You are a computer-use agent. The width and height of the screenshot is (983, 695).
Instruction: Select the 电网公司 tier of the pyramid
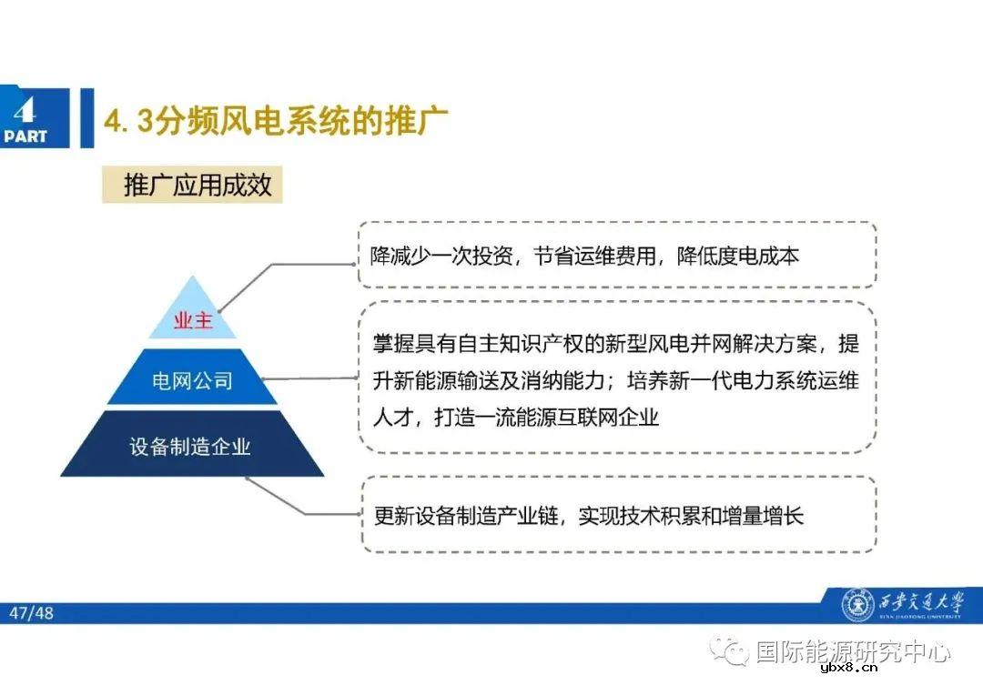pos(192,380)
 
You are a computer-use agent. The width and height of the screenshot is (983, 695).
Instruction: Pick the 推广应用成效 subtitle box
pos(198,186)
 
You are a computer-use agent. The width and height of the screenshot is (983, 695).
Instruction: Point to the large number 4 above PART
pos(25,109)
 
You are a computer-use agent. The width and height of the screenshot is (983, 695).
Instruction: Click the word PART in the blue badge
pos(25,136)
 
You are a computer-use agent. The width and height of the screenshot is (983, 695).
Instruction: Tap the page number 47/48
pos(32,613)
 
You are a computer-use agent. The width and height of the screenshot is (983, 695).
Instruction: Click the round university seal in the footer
pos(857,605)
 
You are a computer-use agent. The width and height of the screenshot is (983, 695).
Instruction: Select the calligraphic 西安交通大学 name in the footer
pos(919,602)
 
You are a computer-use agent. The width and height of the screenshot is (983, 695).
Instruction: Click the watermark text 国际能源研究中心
pos(853,651)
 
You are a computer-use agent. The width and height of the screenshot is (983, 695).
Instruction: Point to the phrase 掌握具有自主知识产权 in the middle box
pos(463,345)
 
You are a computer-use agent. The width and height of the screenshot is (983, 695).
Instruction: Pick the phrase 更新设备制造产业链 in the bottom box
pos(466,516)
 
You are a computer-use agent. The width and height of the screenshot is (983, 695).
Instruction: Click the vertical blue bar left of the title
pos(86,118)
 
